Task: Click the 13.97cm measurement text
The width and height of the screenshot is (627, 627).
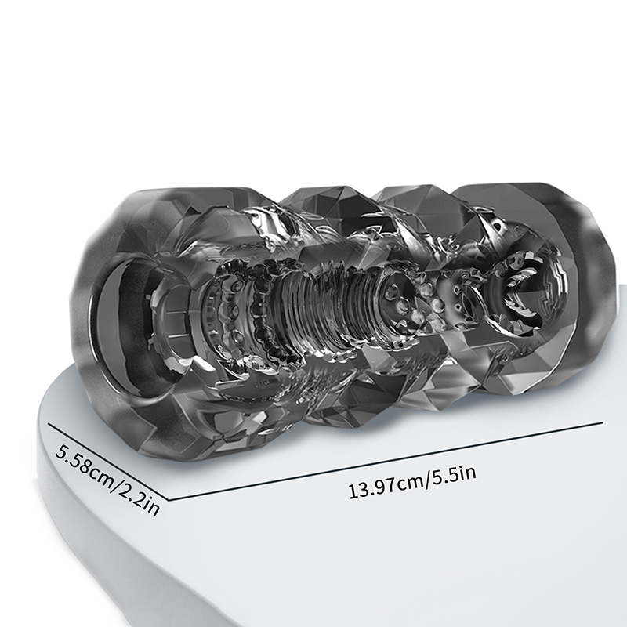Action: coord(385,487)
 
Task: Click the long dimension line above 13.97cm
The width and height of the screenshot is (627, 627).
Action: coord(386,461)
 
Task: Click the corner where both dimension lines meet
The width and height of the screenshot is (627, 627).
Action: coord(170,500)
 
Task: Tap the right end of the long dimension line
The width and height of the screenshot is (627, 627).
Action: coord(603,422)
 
